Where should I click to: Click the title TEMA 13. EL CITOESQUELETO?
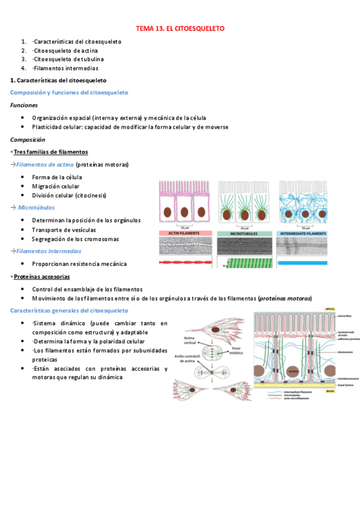180,28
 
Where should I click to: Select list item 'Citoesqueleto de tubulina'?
69,59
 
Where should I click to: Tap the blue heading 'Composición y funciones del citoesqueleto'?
69,92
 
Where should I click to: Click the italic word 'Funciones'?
24,105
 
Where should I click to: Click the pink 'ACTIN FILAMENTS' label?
186,233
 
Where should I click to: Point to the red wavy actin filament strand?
186,263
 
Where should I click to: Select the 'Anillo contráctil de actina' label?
189,358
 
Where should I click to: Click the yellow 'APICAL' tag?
329,309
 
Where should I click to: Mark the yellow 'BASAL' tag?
330,391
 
